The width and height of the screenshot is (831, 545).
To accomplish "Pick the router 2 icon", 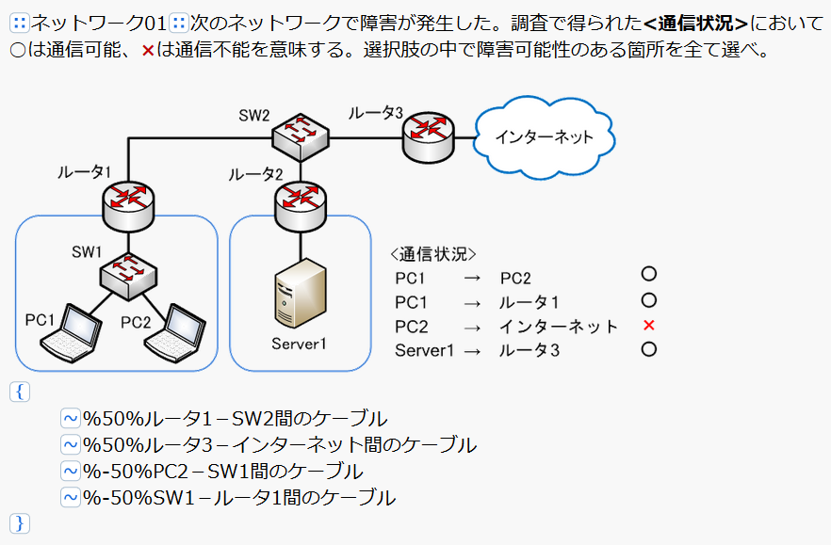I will click(301, 200).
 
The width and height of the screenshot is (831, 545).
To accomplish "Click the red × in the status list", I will click(648, 326).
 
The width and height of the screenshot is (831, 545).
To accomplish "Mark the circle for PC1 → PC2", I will click(648, 275).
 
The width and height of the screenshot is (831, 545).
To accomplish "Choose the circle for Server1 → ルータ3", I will click(648, 349).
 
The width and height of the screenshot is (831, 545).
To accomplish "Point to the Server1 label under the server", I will click(299, 344).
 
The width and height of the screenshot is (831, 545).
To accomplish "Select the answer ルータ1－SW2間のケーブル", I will click(235, 419).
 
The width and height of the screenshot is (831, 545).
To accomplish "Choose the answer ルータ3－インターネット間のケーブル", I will click(279, 444).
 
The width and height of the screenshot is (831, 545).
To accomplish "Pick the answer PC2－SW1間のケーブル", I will click(222, 471).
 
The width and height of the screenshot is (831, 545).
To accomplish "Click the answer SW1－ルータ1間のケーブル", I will click(238, 497).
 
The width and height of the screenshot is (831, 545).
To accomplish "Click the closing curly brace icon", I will click(20, 522).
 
